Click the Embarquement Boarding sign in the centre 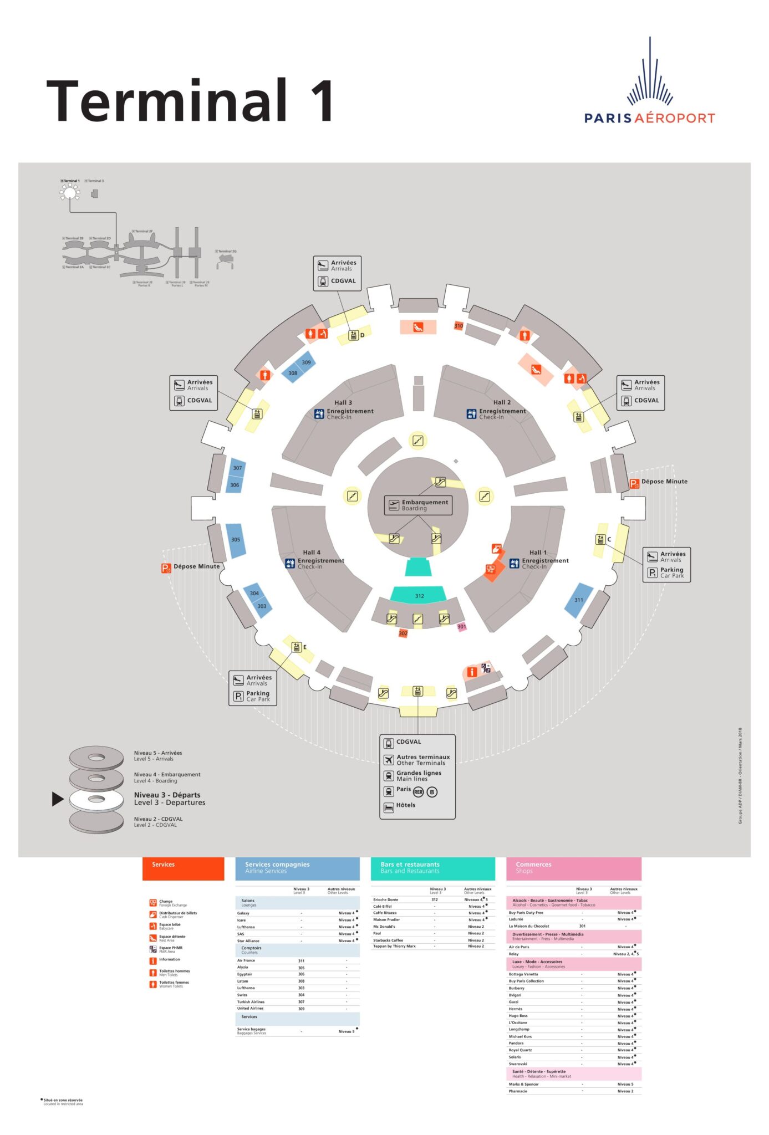[418, 505]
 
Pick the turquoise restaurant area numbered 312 [419, 595]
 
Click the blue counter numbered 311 [578, 600]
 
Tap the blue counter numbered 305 [236, 540]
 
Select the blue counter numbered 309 [306, 362]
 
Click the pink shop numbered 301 [461, 627]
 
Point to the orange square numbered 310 [459, 326]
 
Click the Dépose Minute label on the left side [196, 566]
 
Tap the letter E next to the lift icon [304, 647]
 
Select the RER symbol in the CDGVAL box [418, 792]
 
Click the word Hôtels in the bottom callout [406, 805]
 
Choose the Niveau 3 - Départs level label [169, 799]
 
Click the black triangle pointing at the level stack [58, 799]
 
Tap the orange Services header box [183, 868]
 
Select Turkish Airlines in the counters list [251, 1001]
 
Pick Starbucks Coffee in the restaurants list [388, 940]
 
